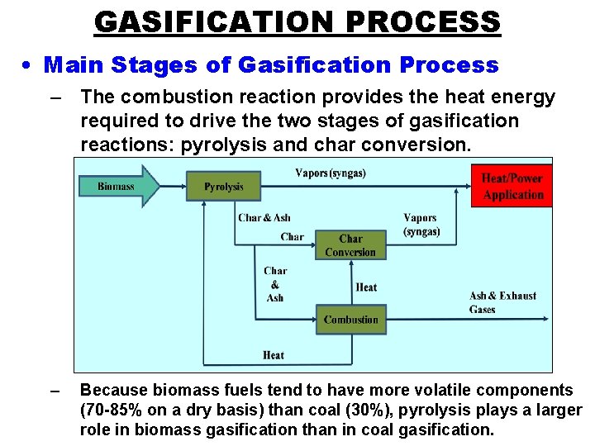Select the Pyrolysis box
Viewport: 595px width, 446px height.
tap(223, 187)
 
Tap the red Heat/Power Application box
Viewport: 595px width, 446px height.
tap(512, 187)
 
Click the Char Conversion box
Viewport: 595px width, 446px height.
tap(350, 245)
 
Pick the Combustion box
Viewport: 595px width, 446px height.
tap(350, 320)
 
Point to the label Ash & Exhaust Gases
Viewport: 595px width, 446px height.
tap(502, 302)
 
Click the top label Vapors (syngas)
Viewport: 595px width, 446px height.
tap(331, 173)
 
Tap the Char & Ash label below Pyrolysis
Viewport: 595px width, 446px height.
tap(264, 218)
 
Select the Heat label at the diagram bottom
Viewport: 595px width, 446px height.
tap(274, 355)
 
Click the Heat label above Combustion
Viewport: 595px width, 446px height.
tap(366, 287)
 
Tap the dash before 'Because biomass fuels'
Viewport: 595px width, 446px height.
tap(55, 390)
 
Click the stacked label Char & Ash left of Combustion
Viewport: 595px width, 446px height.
tap(275, 284)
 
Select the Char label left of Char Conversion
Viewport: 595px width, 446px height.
tap(292, 237)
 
